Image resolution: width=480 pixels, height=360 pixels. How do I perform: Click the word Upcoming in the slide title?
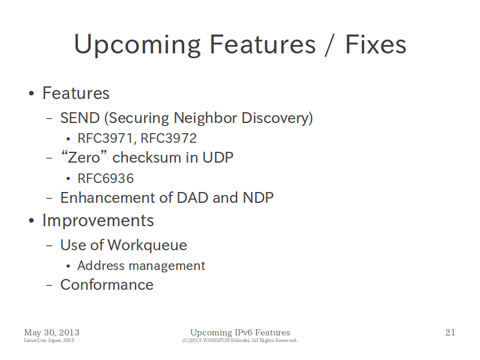pyautogui.click(x=137, y=46)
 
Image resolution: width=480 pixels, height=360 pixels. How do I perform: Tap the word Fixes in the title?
pyautogui.click(x=376, y=44)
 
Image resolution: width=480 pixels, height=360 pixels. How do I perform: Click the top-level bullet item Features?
pyautogui.click(x=76, y=93)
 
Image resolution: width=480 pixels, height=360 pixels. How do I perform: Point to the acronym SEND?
pyautogui.click(x=80, y=118)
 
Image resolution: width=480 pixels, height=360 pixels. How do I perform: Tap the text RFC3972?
pyautogui.click(x=169, y=139)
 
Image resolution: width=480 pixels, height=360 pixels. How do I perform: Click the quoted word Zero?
pyautogui.click(x=83, y=157)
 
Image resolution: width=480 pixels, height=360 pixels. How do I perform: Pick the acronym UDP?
pyautogui.click(x=218, y=158)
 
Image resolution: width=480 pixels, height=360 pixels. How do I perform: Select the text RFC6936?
pyautogui.click(x=106, y=178)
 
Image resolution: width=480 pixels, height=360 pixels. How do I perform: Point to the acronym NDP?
pyautogui.click(x=258, y=198)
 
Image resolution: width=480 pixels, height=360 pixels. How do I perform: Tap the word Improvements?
pyautogui.click(x=98, y=221)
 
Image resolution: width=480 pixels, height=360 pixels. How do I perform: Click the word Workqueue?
pyautogui.click(x=147, y=245)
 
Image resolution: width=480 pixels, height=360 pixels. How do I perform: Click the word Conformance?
pyautogui.click(x=107, y=285)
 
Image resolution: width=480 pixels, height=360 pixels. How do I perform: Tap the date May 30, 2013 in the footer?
pyautogui.click(x=52, y=333)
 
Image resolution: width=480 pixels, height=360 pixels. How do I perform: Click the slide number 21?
pyautogui.click(x=450, y=332)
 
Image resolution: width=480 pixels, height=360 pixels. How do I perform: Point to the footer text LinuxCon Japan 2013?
pyautogui.click(x=49, y=340)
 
